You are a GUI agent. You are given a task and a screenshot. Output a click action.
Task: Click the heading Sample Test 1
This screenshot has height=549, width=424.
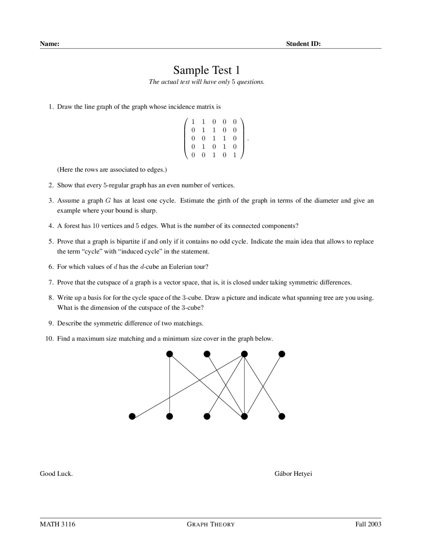(x=206, y=70)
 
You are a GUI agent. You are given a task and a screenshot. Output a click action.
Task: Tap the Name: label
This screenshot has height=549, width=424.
(x=50, y=44)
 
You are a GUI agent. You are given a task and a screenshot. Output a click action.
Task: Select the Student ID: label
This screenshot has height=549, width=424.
(x=303, y=44)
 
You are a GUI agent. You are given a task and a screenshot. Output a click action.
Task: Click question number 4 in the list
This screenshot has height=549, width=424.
(x=51, y=226)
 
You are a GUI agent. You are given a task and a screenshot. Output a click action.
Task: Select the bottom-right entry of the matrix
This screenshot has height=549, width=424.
(x=235, y=155)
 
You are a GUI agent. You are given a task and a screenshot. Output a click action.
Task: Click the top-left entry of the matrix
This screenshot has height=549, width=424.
(x=193, y=122)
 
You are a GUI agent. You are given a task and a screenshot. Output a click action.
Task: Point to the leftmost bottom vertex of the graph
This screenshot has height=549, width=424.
(x=132, y=416)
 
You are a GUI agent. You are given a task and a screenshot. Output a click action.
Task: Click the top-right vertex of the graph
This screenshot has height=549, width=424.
(x=282, y=354)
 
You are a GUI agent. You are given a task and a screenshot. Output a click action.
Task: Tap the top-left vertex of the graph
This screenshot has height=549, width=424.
(x=170, y=354)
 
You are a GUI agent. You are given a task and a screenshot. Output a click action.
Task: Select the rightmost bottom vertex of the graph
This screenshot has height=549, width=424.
(x=282, y=416)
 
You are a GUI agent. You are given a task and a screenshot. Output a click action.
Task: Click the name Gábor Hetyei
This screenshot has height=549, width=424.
(x=293, y=474)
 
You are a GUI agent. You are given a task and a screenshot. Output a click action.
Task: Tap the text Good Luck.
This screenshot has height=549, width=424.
(x=56, y=474)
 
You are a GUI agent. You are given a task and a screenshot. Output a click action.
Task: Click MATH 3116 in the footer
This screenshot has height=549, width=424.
(x=58, y=524)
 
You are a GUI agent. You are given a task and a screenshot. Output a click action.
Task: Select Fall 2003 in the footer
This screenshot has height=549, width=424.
(x=368, y=524)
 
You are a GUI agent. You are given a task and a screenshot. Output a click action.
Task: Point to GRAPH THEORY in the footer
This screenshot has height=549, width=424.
(x=211, y=524)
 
